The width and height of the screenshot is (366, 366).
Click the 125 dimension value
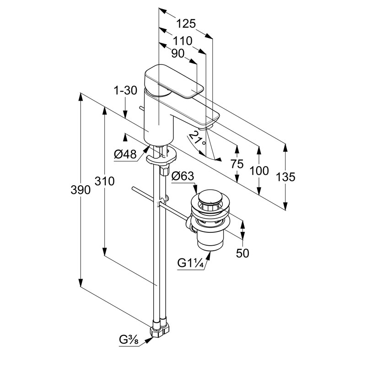tap(186, 24)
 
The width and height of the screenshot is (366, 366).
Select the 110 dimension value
tap(183, 41)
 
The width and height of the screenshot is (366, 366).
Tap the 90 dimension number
tap(178, 54)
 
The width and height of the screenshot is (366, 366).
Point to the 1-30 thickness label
tap(125, 90)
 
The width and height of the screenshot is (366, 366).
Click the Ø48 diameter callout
tap(125, 154)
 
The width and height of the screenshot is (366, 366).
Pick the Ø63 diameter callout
tap(183, 176)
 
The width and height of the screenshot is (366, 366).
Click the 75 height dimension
tap(237, 164)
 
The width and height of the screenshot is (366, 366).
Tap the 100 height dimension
tap(259, 171)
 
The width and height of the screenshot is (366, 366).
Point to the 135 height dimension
tap(285, 177)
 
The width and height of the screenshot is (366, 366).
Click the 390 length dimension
tap(81, 190)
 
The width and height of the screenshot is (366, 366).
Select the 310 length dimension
tap(105, 181)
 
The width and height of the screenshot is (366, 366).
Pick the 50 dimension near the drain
tap(242, 253)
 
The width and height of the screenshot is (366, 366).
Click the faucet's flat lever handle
tap(174, 81)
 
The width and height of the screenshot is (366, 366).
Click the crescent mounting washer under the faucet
tap(161, 156)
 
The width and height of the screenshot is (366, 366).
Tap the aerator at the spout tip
tap(205, 128)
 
